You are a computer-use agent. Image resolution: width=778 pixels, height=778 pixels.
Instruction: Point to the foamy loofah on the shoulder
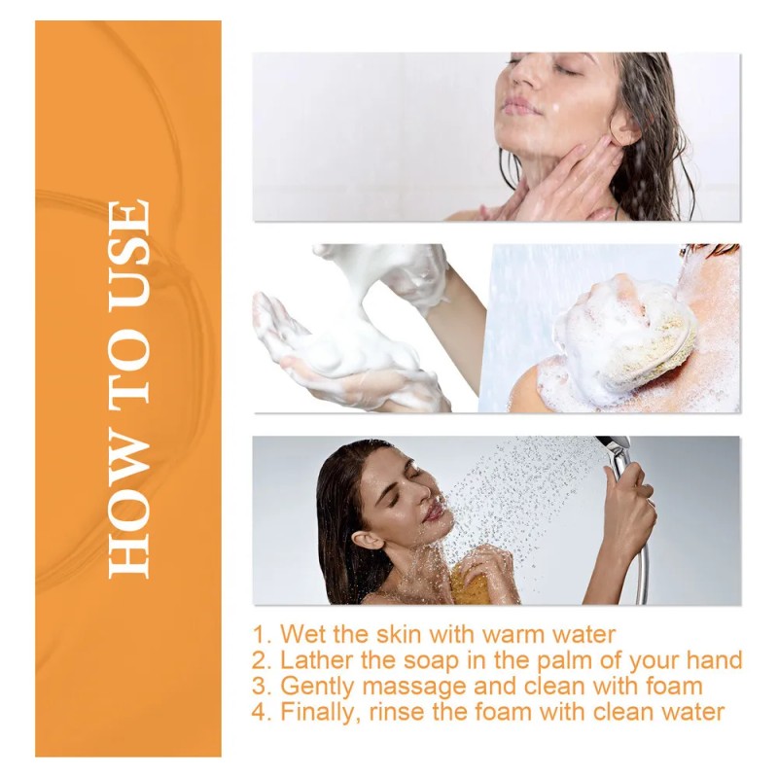tap(622, 336)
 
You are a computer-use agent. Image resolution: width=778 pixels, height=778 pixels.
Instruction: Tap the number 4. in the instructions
tap(262, 711)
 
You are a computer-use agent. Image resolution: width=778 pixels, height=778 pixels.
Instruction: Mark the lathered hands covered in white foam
tap(350, 331)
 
